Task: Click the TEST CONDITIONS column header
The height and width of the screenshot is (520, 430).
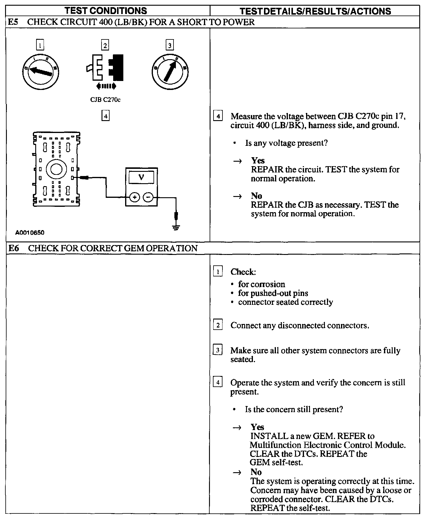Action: (x=106, y=11)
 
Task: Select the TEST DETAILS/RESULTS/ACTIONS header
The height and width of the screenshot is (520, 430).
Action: (x=315, y=11)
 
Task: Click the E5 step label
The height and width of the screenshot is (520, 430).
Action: (x=13, y=22)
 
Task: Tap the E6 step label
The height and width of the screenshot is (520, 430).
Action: (x=13, y=248)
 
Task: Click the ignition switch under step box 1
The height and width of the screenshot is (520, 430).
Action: (x=41, y=71)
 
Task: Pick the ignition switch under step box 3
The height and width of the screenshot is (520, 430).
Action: (x=170, y=71)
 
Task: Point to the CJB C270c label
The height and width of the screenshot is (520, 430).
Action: (x=105, y=100)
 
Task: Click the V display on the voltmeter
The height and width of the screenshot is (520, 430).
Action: (x=141, y=178)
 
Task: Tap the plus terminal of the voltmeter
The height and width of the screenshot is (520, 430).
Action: (x=134, y=197)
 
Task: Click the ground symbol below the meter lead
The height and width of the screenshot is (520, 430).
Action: (x=176, y=228)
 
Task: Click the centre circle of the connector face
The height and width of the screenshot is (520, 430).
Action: (x=56, y=169)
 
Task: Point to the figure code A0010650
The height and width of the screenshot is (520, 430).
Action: (x=30, y=233)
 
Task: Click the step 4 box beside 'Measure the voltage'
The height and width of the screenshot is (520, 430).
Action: (x=218, y=116)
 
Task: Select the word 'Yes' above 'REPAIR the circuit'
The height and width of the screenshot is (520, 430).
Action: (x=258, y=160)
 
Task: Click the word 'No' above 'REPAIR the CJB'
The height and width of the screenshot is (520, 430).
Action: (x=256, y=196)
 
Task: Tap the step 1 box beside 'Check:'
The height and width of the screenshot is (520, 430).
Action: (x=218, y=272)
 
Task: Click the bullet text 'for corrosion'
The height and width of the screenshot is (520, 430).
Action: (x=261, y=284)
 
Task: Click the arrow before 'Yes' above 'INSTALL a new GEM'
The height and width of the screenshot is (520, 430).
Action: (x=237, y=428)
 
